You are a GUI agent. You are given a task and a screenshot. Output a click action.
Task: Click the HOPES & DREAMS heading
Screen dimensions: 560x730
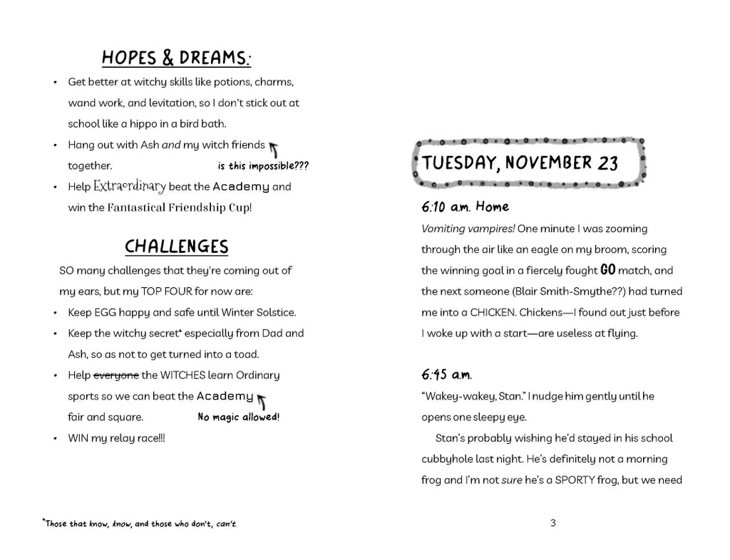point(177,58)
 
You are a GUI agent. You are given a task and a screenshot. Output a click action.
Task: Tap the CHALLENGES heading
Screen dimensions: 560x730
point(177,247)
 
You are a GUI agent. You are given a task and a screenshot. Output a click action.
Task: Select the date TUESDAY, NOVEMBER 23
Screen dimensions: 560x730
point(520,162)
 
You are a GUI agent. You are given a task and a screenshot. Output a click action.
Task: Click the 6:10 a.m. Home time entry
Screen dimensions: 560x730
point(465,207)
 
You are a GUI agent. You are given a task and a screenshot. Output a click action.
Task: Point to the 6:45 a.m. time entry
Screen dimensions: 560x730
point(446,375)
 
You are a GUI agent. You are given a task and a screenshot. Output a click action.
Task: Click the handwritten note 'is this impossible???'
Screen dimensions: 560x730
point(263,167)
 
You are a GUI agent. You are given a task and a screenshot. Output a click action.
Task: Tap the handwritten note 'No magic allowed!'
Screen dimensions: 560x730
point(238,418)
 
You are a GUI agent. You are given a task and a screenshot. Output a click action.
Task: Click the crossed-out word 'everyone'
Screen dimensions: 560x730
point(116,375)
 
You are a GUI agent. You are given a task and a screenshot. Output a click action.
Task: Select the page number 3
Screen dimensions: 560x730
point(553,523)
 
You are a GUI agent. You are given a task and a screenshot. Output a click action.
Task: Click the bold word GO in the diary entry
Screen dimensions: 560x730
point(607,270)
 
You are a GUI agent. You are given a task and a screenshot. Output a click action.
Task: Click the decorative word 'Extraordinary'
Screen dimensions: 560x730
point(129,187)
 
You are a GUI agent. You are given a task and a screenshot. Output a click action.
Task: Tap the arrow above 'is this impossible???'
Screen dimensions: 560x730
point(273,149)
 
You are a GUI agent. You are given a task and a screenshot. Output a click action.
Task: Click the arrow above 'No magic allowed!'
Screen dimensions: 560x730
point(262,400)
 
